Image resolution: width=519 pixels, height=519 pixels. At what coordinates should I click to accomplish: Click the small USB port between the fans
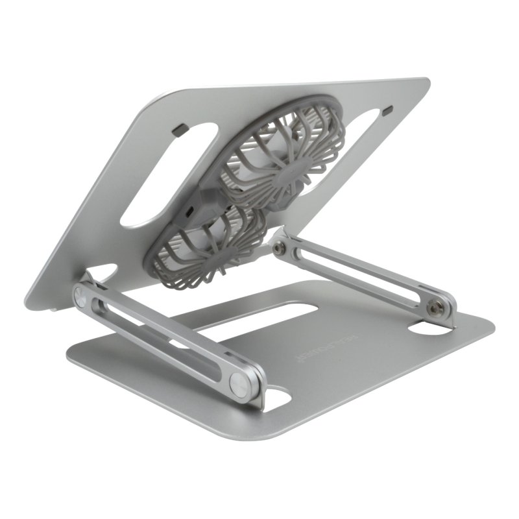(x=189, y=212)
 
